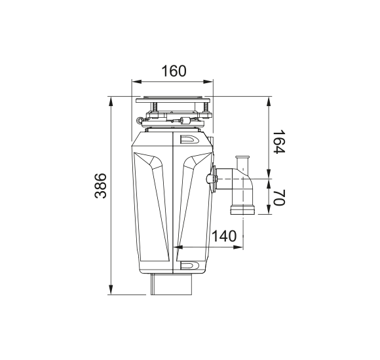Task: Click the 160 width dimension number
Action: point(174,71)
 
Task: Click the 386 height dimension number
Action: point(100,185)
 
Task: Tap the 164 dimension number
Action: point(279,141)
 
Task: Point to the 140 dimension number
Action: point(224,236)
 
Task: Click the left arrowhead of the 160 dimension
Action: point(136,82)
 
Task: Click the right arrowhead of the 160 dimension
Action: point(208,82)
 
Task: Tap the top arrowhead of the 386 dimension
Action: point(111,101)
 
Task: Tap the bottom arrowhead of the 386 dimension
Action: point(111,290)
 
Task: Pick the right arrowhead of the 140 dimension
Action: point(238,247)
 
